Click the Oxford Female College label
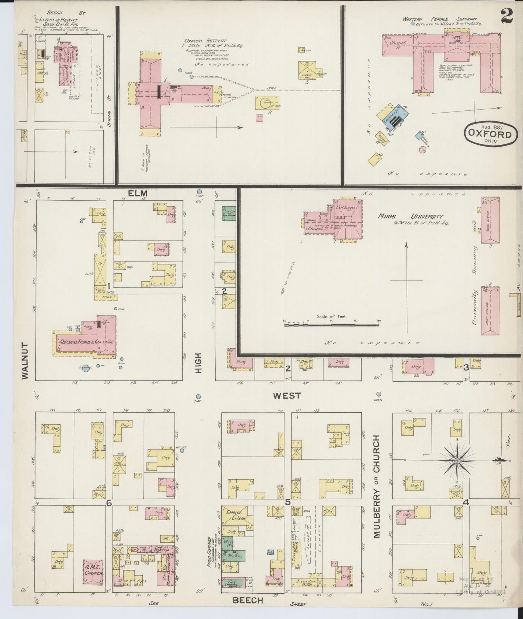coord(87,341)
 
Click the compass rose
coord(457,460)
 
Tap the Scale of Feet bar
coord(332,325)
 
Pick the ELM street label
coord(138,193)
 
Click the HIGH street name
coord(198,363)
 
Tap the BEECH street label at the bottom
coord(248,600)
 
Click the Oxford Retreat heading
coord(205,41)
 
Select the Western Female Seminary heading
coord(440,19)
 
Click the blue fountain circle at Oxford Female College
coord(86,369)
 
